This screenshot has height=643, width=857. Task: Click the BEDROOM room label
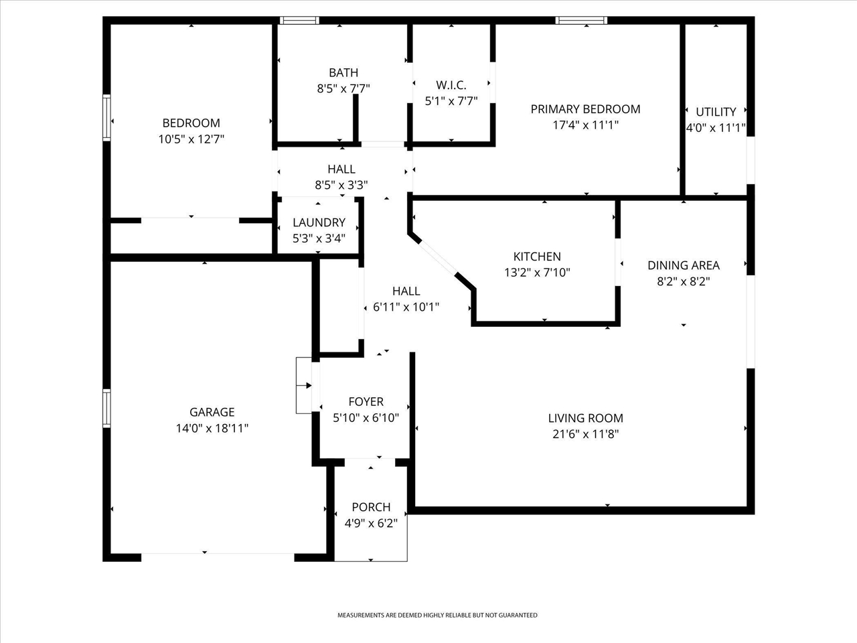click(x=191, y=123)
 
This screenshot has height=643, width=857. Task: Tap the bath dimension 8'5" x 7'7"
click(x=343, y=88)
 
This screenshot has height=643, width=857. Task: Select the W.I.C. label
click(x=451, y=84)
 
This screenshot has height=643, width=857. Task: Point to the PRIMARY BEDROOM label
click(x=585, y=109)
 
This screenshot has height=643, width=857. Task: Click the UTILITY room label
click(x=716, y=112)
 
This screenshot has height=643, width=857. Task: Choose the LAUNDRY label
click(x=319, y=222)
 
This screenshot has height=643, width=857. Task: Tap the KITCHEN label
click(x=537, y=257)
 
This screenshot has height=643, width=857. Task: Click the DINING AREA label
click(x=684, y=265)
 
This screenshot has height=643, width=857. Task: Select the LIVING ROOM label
click(x=585, y=418)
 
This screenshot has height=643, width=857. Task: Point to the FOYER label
click(x=366, y=402)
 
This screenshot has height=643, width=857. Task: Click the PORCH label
click(x=371, y=507)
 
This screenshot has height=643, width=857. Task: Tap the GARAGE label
click(x=212, y=412)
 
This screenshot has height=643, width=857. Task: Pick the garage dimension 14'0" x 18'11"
click(x=212, y=428)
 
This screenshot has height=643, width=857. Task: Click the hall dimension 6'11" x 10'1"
click(x=406, y=307)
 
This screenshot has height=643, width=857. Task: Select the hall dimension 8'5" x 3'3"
click(x=341, y=185)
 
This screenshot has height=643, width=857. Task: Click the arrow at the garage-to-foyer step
click(x=304, y=386)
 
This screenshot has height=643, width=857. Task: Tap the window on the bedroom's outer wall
click(x=106, y=117)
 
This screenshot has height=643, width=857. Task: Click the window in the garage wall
click(x=106, y=408)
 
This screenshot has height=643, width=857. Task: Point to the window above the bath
click(x=299, y=20)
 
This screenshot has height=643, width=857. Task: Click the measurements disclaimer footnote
click(x=437, y=616)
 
